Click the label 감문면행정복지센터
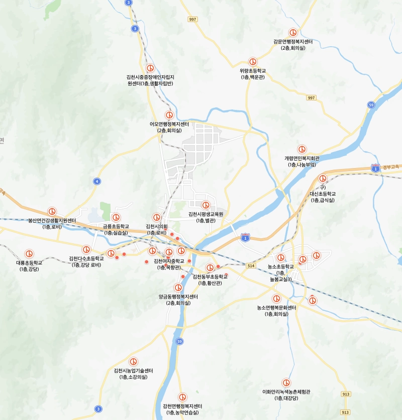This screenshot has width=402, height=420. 293,42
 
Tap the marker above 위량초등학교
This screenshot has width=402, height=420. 253,61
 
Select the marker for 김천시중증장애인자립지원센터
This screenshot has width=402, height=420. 150,68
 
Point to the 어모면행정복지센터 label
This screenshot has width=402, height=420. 169,124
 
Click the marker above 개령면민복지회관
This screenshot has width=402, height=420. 301,149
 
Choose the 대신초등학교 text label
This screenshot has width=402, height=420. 323,194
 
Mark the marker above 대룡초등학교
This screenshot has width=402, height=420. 29,254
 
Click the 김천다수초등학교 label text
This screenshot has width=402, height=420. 86,258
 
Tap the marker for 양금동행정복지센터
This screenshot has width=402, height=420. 178,288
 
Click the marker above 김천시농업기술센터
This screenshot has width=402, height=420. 134,361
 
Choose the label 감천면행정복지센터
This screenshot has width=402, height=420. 182,406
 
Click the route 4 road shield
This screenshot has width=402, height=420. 96,181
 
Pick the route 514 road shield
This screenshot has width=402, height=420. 251,265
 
